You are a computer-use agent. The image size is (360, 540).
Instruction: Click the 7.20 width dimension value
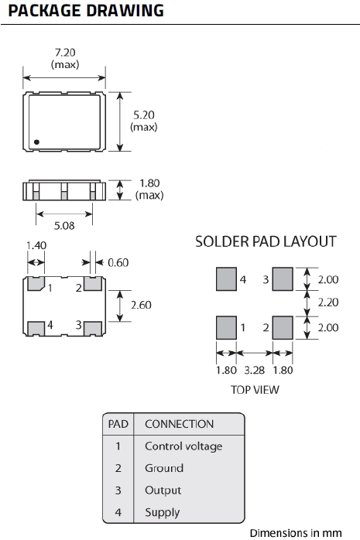point(65,53)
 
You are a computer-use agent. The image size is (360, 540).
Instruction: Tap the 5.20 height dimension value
point(144,115)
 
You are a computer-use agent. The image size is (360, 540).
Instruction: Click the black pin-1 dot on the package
point(36,142)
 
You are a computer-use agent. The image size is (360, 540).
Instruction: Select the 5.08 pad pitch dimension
point(64,226)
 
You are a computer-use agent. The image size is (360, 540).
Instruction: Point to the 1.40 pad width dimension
point(36,245)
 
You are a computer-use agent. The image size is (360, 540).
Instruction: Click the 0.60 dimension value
point(118,263)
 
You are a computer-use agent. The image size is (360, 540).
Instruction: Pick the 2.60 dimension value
point(141,305)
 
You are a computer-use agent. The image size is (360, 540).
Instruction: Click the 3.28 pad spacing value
point(254,371)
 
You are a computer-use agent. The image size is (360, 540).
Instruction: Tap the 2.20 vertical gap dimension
point(328,302)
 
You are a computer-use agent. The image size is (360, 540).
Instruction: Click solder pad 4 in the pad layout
point(226,279)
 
